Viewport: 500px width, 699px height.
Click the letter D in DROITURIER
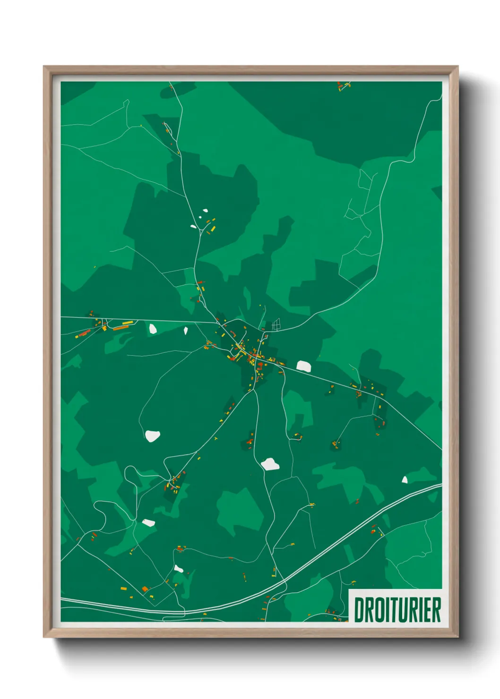[360, 610]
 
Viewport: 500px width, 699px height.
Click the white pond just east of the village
[303, 366]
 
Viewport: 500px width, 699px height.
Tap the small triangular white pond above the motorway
[405, 480]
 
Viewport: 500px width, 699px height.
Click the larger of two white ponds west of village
[153, 328]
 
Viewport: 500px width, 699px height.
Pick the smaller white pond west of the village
[186, 331]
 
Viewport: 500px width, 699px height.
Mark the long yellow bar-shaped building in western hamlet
[123, 325]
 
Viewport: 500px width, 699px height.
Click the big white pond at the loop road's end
[152, 436]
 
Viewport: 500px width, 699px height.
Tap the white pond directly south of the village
[270, 464]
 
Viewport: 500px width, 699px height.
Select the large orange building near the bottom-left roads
[145, 589]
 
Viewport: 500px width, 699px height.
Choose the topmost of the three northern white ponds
[206, 211]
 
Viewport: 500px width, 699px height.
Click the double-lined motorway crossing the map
[331, 548]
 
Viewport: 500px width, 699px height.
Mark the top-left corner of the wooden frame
[45, 68]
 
